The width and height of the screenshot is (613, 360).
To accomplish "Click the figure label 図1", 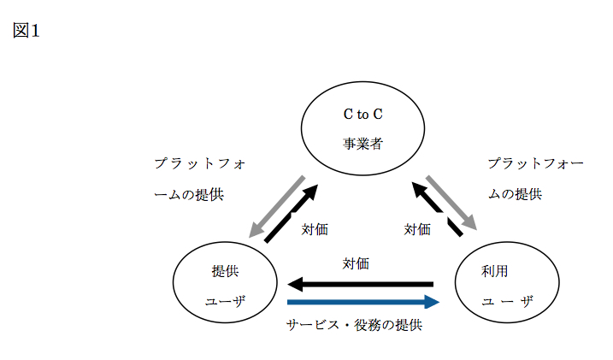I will point(27,32).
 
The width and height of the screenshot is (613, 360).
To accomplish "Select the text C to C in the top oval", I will point(363,113).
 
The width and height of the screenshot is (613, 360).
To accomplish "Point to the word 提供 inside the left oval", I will point(225,271).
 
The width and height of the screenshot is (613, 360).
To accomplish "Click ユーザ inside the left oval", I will point(225,301).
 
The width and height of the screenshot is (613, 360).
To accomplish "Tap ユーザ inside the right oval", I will point(507,301).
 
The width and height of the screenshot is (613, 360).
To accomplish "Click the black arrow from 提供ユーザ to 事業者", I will point(292,214).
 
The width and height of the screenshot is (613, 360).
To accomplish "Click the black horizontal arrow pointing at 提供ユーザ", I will point(359,284).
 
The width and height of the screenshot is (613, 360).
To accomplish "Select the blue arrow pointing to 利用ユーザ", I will point(363,302).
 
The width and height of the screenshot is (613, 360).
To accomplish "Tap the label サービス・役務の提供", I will point(354,326).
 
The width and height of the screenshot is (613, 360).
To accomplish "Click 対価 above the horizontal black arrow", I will point(356,263).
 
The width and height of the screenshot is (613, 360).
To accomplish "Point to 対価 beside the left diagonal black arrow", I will point(315,229).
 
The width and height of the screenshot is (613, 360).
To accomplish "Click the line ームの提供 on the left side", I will point(188,194).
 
